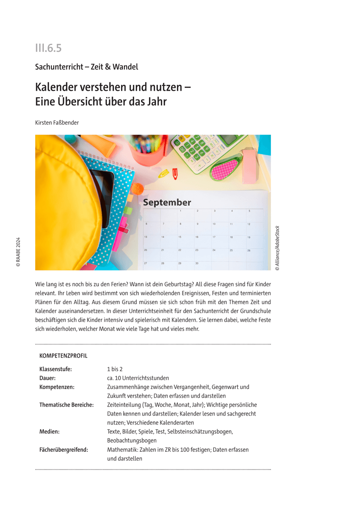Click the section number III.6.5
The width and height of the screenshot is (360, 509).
pyautogui.click(x=48, y=48)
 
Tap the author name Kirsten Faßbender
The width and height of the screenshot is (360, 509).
pyautogui.click(x=57, y=123)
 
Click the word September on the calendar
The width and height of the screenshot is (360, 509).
pyautogui.click(x=167, y=202)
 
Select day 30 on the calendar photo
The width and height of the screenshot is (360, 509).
pyautogui.click(x=197, y=263)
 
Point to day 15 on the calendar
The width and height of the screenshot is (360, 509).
pyautogui.click(x=180, y=237)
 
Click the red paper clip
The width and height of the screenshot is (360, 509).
pyautogui.click(x=175, y=173)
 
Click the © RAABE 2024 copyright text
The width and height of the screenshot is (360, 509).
pyautogui.click(x=18, y=252)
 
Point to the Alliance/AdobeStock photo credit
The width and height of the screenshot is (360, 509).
pyautogui.click(x=277, y=248)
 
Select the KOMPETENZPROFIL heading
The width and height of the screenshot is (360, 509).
pyautogui.click(x=63, y=356)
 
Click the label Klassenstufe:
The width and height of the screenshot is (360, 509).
pyautogui.click(x=56, y=369)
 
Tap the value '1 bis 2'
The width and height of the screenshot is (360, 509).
pyautogui.click(x=115, y=369)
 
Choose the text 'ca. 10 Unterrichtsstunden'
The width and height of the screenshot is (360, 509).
pyautogui.click(x=138, y=378)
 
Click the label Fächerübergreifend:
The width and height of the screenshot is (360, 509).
pyautogui.click(x=64, y=450)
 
